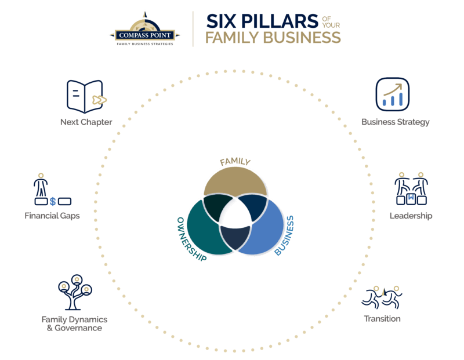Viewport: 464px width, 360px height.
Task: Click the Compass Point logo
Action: pos(144,30)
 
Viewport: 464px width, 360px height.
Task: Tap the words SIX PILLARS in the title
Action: pos(262,21)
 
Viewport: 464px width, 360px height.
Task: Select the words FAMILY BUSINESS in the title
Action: pos(273,38)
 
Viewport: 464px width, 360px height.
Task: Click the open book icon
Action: pos(86,96)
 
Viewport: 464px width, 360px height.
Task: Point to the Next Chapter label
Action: pos(86,122)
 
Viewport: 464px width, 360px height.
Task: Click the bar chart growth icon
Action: pos(393,94)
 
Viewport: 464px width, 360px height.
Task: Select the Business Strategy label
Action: pos(396,122)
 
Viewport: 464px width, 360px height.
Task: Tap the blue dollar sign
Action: pos(53,201)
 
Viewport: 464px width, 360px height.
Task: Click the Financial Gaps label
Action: pos(52,216)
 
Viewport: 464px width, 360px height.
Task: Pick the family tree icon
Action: pos(75,292)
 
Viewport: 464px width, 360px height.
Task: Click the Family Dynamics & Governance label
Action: pos(75,323)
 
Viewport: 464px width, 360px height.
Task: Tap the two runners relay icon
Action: pos(382,297)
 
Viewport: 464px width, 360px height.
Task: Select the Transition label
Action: pos(382,319)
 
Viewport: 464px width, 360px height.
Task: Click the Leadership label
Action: pos(411,216)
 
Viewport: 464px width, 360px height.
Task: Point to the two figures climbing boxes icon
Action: pos(411,189)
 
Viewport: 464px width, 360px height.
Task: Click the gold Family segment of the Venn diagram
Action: pos(235,180)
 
